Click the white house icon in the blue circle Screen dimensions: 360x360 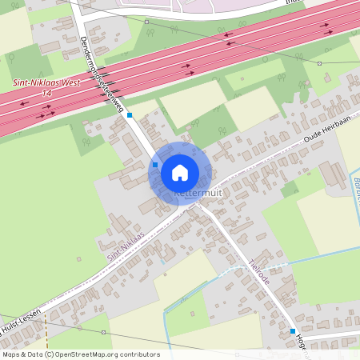click(180, 172)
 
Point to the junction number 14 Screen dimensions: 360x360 click(46, 93)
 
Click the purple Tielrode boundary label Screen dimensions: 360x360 click(259, 273)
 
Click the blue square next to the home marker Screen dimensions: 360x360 click(155, 165)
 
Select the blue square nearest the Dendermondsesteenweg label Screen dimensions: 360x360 click(130, 115)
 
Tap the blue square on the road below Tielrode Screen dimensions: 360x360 click(293, 330)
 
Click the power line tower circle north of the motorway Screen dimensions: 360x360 click(147, 22)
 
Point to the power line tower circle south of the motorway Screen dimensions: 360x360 click(319, 63)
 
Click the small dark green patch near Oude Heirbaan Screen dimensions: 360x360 click(289, 190)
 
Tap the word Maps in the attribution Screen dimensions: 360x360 click(11, 354)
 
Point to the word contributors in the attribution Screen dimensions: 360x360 click(138, 354)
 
